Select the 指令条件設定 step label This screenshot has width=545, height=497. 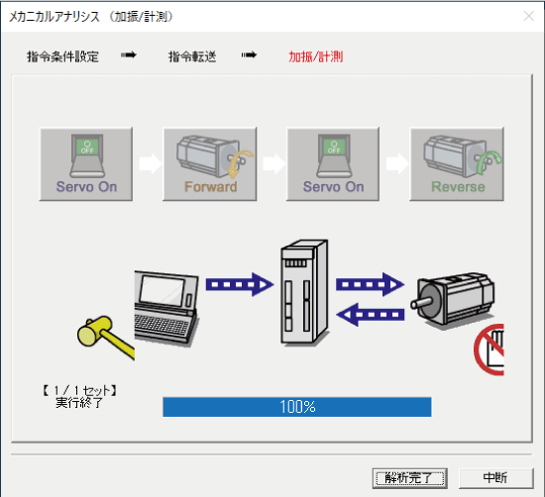click(x=62, y=56)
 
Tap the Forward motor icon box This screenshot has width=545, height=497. click(x=209, y=162)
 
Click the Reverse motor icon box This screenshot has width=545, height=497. click(x=458, y=162)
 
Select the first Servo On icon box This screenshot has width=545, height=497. click(x=86, y=162)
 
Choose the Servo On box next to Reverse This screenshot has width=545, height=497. click(x=334, y=162)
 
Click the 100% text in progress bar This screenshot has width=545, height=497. click(x=297, y=407)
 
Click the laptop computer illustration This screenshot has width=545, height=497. click(x=166, y=302)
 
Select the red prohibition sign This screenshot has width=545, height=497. click(x=491, y=350)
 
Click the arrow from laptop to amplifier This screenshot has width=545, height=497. click(x=239, y=285)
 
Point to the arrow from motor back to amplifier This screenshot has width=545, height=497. click(x=369, y=316)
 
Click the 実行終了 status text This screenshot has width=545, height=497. click(x=79, y=404)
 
